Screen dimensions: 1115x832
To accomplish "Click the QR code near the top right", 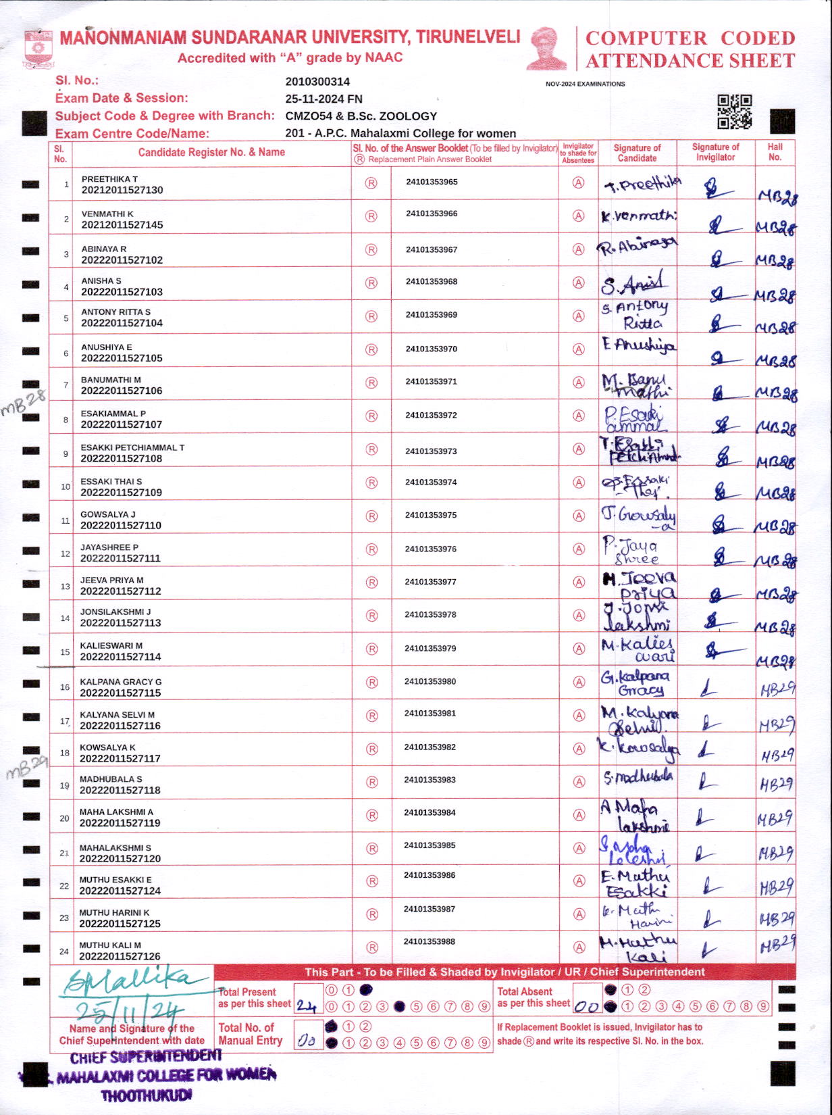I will coord(734,111).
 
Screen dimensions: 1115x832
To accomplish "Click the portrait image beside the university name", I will coord(546,49).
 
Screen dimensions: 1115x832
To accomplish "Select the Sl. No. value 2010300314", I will coord(317,82).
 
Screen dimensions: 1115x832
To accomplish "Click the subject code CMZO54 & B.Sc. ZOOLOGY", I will coord(361,116).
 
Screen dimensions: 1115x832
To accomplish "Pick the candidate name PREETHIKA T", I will coord(109,179).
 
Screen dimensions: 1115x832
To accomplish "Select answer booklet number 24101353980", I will coord(430,681).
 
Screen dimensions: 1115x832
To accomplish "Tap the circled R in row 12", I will coord(371,549).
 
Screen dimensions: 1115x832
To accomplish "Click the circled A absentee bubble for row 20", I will coord(579,816).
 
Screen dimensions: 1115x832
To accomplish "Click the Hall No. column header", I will coord(775,152).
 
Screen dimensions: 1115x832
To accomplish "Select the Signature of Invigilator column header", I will coord(715,152).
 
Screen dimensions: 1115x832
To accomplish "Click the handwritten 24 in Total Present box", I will coord(306,1006).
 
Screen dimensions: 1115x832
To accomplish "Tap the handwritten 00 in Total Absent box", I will coord(586,1006).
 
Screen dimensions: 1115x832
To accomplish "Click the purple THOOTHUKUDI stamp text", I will coord(146,1095).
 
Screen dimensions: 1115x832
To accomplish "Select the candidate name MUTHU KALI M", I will coord(110,945).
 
